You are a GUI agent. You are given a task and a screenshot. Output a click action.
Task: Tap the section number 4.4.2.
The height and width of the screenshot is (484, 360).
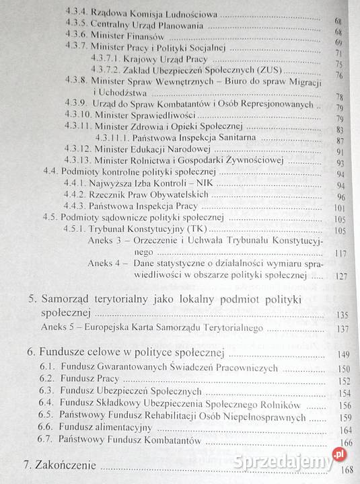(75, 196)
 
